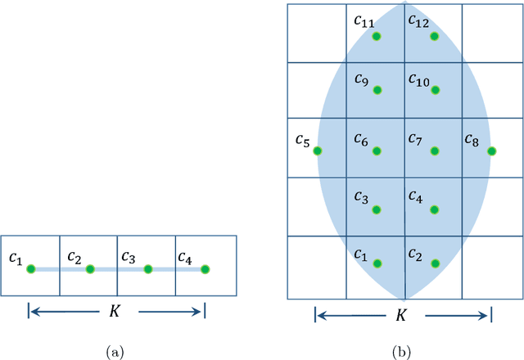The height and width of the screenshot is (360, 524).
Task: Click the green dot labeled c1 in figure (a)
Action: pos(31,268)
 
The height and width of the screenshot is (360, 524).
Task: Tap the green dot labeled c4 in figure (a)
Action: pos(206,268)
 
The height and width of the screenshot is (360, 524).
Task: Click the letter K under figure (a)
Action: pos(116,311)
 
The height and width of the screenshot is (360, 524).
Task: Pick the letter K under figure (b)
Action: pos(402,316)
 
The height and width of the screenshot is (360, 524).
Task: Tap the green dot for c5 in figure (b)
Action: pos(318,151)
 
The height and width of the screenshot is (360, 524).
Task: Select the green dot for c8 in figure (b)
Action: pos(491,151)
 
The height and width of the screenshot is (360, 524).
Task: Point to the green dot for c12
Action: pos(435,37)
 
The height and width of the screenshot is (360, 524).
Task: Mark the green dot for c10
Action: pos(435,90)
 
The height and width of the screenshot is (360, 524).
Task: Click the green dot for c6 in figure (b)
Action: pos(377,151)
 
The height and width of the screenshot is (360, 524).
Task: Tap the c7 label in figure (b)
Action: pos(416,140)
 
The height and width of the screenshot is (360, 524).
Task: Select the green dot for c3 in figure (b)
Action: pos(377,209)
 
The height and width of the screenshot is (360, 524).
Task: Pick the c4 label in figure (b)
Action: pos(415,198)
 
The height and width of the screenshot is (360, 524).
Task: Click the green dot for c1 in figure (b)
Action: pos(377,263)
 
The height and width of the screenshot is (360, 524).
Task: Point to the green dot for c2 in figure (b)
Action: pos(435,263)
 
